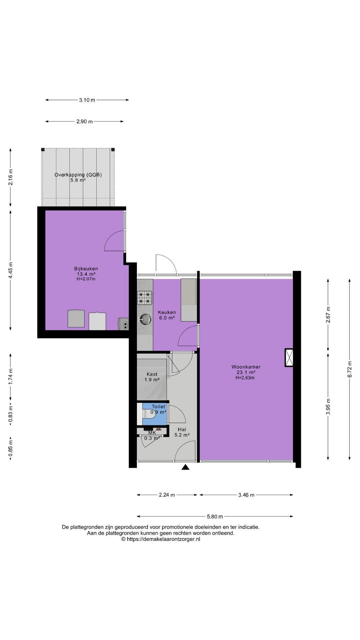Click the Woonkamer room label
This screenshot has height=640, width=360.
[x=246, y=367]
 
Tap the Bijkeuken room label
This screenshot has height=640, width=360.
[x=86, y=269]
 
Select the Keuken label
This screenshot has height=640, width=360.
[x=167, y=312]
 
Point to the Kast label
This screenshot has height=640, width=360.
[x=152, y=374]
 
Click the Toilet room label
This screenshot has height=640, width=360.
[x=158, y=407]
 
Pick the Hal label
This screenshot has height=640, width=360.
[x=182, y=429]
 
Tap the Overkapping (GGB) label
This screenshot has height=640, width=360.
[x=78, y=175]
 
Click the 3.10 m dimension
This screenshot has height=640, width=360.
[x=87, y=100]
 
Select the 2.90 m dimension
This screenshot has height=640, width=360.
[x=84, y=121]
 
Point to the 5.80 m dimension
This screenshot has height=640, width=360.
[x=215, y=517]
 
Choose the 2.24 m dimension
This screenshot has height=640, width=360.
[x=167, y=495]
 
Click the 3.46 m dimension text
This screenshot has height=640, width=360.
[x=246, y=495]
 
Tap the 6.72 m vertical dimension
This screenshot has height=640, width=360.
[x=349, y=369]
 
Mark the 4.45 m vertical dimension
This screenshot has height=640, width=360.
[x=11, y=271]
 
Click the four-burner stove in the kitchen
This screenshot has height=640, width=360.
[x=145, y=298]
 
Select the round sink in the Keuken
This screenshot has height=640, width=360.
[x=145, y=319]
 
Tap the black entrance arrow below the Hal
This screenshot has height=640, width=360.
[x=185, y=467]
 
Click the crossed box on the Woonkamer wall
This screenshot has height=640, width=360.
[x=289, y=358]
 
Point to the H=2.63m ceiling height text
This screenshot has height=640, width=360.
[x=245, y=378]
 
